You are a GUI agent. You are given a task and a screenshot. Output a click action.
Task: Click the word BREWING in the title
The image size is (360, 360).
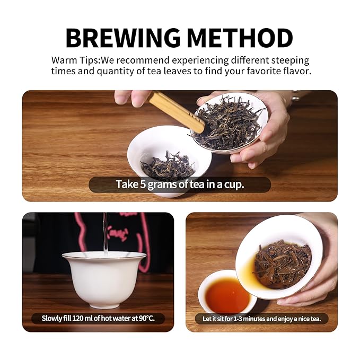click(123, 38)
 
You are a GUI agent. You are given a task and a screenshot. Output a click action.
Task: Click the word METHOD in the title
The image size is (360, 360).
click(240, 38)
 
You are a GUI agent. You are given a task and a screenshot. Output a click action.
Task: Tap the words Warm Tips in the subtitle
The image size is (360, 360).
click(75, 60)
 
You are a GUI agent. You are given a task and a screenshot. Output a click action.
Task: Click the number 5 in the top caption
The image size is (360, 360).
click(143, 185)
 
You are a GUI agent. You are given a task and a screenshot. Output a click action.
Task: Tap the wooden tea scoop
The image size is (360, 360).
click(177, 111)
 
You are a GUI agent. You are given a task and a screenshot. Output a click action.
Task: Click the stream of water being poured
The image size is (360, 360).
click(105, 234)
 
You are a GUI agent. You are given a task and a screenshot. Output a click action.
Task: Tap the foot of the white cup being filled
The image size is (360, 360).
click(104, 305)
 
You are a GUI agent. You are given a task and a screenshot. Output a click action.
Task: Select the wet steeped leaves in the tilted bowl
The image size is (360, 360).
click(283, 264)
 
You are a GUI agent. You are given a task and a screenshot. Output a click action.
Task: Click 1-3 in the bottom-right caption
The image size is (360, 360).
click(238, 319)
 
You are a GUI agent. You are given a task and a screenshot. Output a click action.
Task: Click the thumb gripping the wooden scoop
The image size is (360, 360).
click(129, 98)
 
